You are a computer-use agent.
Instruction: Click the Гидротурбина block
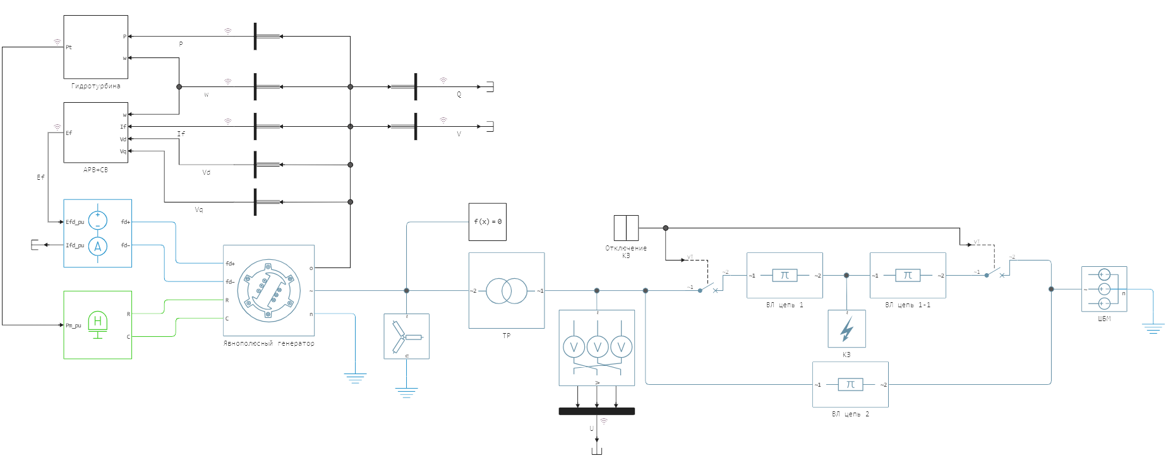coord(95,47)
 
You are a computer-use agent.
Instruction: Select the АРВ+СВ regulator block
coord(95,132)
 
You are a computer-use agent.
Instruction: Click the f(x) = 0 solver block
coord(487,221)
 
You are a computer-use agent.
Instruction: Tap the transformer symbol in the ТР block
coord(506,291)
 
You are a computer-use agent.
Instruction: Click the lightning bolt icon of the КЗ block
coord(846,329)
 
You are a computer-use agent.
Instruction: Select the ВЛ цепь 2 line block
coord(850,384)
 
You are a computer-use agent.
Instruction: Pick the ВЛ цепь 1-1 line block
coord(908,275)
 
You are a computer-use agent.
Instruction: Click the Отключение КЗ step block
coord(626,228)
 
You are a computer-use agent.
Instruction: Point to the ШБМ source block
coord(1104,289)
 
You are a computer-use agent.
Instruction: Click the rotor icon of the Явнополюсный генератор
coord(268,291)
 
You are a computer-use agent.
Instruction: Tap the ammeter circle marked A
coord(97,246)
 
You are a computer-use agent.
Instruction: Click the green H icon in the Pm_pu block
coord(97,322)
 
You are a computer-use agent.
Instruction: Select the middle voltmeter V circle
coord(598,346)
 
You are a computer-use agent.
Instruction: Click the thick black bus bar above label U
coord(596,411)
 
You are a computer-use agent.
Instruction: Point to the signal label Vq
coord(199,210)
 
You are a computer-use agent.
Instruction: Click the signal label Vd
coord(206,172)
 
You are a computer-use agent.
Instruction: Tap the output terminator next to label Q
coord(489,87)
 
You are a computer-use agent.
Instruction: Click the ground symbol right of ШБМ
coord(1153,328)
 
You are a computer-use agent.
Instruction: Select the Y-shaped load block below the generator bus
coord(406,336)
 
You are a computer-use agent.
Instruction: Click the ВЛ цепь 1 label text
coord(785,305)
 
